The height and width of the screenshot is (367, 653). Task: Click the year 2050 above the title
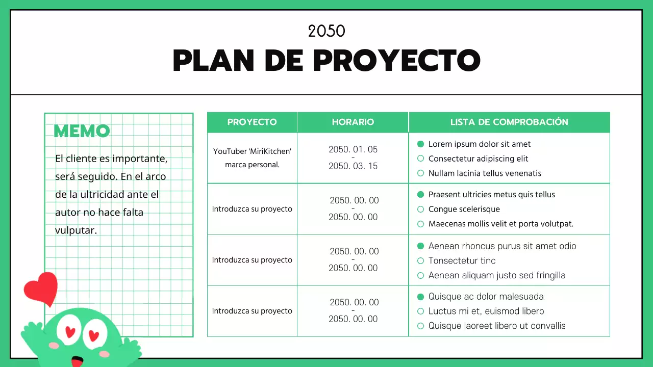pyautogui.click(x=326, y=31)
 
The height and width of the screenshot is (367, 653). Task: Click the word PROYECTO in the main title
pyautogui.click(x=396, y=61)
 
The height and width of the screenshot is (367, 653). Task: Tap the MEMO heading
pyautogui.click(x=82, y=131)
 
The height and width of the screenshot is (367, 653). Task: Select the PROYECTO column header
pyautogui.click(x=252, y=122)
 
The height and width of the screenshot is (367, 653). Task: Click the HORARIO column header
pyautogui.click(x=353, y=122)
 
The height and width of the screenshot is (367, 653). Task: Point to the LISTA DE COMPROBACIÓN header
pyautogui.click(x=509, y=122)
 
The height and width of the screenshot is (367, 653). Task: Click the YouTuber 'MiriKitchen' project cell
pyautogui.click(x=252, y=158)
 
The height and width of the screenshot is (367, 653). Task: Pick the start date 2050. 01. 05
pyautogui.click(x=353, y=149)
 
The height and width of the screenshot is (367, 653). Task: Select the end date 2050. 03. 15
pyautogui.click(x=353, y=166)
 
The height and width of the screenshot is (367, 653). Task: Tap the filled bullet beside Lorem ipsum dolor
pyautogui.click(x=421, y=144)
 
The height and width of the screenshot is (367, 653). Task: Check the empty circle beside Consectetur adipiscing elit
pyautogui.click(x=421, y=159)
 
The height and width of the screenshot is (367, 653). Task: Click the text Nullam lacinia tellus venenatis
pyautogui.click(x=485, y=173)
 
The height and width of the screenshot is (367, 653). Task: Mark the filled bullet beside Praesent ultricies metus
pyautogui.click(x=421, y=195)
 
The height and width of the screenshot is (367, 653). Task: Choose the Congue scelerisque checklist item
pyautogui.click(x=464, y=209)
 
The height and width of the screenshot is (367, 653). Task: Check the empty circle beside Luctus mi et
pyautogui.click(x=421, y=311)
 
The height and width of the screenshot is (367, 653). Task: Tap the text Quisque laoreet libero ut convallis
pyautogui.click(x=497, y=326)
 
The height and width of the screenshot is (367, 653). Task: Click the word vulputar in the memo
pyautogui.click(x=76, y=230)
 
